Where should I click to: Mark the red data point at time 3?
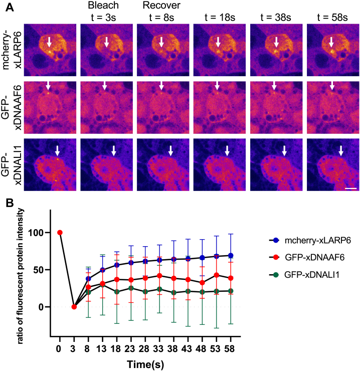coord(74,307)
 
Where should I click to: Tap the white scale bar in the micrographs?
coord(350,189)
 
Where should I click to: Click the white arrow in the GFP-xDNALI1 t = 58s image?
coord(341,150)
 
